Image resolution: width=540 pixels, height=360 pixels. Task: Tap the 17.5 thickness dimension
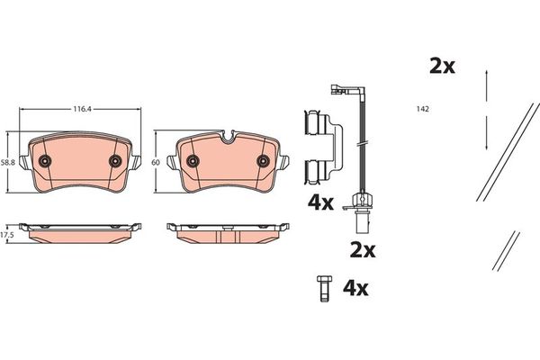coord(8,233)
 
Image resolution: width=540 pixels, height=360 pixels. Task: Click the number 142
coord(421,109)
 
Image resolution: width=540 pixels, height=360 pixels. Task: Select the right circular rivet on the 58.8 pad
coord(114,160)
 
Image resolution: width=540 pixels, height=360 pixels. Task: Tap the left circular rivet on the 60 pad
coord(193,161)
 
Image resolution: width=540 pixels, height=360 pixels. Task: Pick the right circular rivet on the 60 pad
coord(263,161)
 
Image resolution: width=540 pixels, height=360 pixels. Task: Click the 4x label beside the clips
coord(320,203)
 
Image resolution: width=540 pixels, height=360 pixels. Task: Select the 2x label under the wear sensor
coord(362,247)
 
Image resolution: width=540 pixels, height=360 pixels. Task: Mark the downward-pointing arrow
coord(486,135)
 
